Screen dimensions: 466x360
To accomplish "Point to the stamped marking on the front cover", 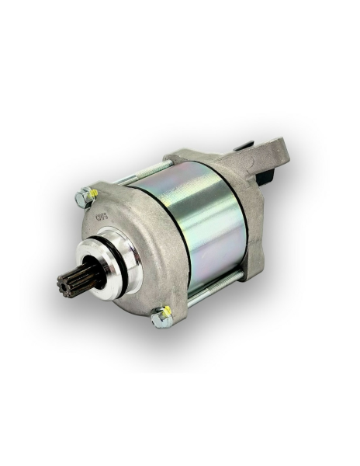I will (x=102, y=217).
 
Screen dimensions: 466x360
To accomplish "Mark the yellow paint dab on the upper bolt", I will (x=92, y=191).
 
